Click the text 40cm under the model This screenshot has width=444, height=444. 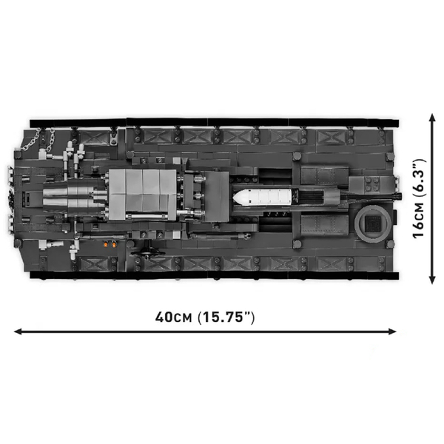point(174,317)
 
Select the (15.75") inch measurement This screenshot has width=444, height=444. point(226,317)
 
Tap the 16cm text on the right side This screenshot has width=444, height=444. point(419,221)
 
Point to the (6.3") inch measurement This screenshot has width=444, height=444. point(420,178)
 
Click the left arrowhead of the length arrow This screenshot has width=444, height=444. point(18,332)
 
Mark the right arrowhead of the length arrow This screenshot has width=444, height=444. point(392,332)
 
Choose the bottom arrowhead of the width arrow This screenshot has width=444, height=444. point(432,280)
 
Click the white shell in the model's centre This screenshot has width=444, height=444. point(262,197)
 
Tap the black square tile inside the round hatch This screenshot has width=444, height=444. point(373,223)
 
